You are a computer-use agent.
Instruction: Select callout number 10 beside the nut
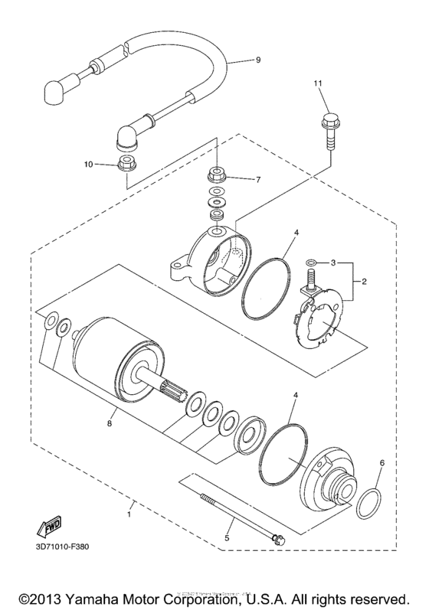[89, 164]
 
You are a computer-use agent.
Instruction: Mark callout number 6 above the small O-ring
[383, 463]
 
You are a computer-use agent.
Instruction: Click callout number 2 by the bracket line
[365, 282]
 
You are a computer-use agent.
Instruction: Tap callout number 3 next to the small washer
[333, 263]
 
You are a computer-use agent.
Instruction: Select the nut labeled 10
[127, 163]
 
